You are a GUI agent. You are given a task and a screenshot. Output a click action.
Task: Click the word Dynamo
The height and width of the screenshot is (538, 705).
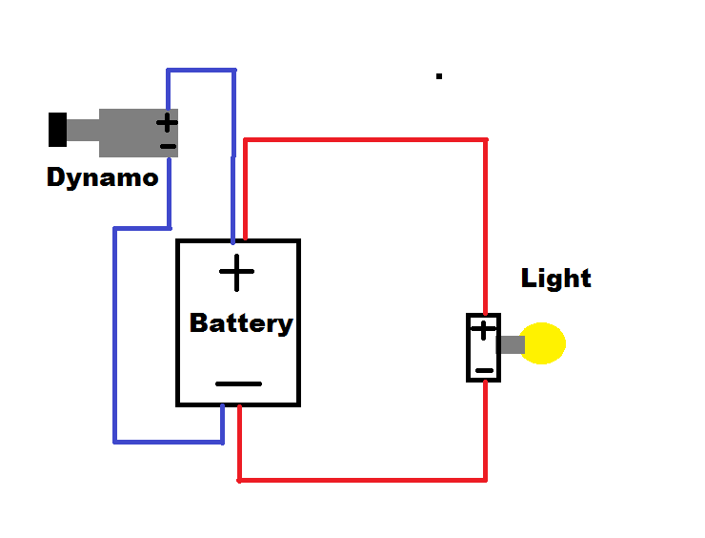point(102,177)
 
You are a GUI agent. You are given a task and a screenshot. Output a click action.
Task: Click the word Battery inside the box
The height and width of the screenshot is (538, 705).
point(240,323)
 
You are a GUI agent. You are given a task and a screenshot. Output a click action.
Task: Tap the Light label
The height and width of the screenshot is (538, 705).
point(556,279)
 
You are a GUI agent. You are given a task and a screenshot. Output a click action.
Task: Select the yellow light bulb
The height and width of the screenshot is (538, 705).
point(545,344)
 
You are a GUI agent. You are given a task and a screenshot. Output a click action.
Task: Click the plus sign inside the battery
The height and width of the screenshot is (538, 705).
point(237,275)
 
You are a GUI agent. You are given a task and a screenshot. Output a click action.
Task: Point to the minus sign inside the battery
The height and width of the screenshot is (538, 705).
point(238,383)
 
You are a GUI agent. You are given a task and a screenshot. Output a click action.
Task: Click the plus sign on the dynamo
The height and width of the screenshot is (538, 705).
point(167,123)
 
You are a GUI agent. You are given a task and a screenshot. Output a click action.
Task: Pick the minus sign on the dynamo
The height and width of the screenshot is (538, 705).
point(168,146)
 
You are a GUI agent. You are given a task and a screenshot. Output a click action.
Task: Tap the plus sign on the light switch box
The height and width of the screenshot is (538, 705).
point(484,330)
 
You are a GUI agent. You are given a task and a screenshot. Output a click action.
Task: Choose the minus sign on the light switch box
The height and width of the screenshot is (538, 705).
point(484,369)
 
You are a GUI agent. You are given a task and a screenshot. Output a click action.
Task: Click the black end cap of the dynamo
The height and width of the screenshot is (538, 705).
point(57,130)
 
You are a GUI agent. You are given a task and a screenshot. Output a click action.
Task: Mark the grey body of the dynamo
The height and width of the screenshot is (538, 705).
point(129,133)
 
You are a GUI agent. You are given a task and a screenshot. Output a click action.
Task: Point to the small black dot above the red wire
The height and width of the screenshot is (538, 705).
point(439,75)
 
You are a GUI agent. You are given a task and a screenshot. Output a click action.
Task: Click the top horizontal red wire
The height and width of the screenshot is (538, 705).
point(366,141)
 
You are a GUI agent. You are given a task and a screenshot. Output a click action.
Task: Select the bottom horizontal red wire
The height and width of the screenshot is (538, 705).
point(362,479)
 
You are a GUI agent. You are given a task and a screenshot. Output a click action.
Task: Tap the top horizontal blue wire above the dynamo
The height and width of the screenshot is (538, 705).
point(201,71)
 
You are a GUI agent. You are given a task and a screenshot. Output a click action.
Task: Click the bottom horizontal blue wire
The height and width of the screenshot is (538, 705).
point(168,442)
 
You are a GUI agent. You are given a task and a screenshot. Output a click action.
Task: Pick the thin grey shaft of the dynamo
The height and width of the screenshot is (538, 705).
point(83,130)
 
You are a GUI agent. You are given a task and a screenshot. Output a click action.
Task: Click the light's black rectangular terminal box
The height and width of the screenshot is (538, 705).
point(473,348)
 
